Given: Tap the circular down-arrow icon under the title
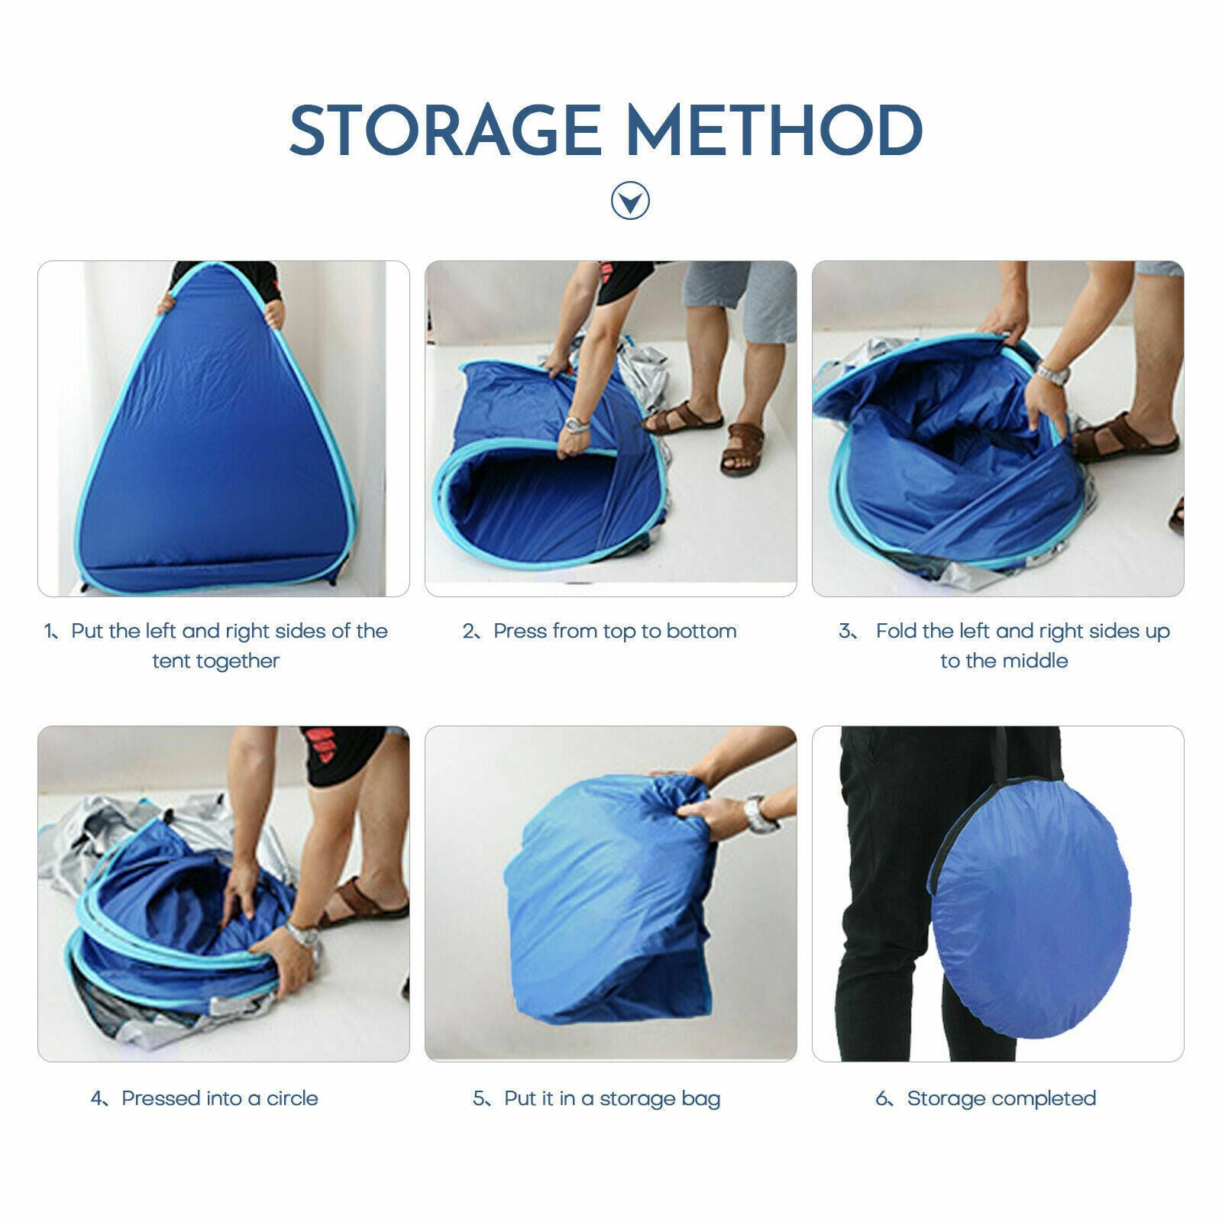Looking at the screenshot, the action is click(630, 201).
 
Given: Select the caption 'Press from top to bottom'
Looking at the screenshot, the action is click(615, 631).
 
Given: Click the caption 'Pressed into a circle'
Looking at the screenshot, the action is click(220, 1098).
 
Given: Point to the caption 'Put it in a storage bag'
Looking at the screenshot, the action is click(613, 1099).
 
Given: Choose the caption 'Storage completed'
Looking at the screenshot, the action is click(1001, 1098).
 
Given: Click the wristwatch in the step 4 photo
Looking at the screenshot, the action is click(300, 934).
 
